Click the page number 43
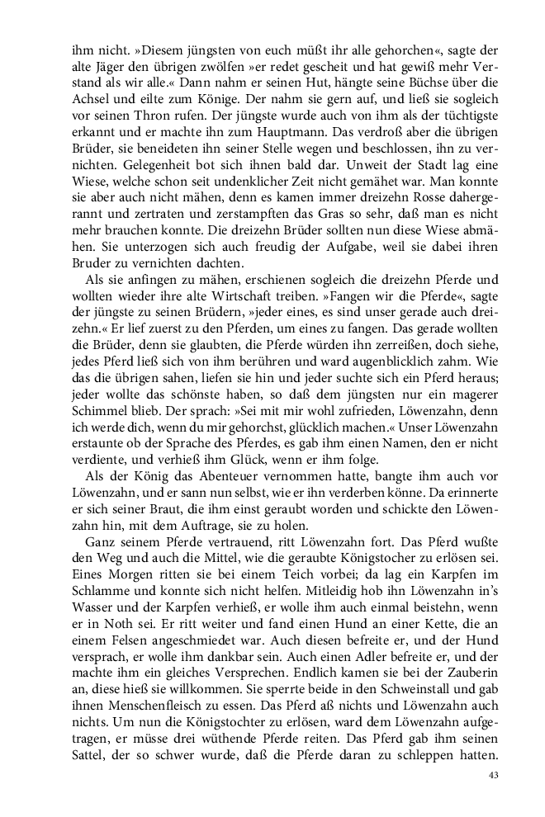494,775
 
